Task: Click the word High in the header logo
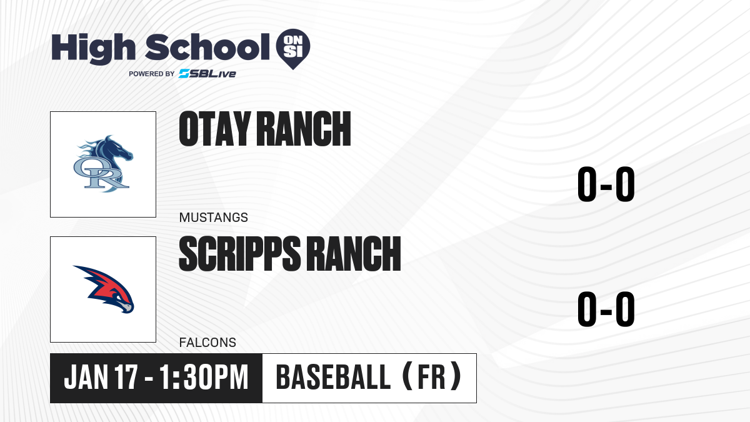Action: (x=93, y=49)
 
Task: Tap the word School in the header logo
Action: (x=207, y=47)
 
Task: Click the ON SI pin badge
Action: (x=293, y=49)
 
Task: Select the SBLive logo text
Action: (x=207, y=73)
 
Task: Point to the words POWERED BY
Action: (x=152, y=74)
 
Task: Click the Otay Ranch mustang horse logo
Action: (x=103, y=164)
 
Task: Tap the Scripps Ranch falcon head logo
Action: (x=104, y=289)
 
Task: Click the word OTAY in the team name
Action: (x=215, y=129)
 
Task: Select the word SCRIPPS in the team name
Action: (x=240, y=253)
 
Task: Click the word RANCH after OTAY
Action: (x=304, y=129)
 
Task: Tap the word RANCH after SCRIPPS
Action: (x=354, y=253)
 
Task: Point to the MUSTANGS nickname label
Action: (x=214, y=218)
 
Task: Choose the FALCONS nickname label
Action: (x=207, y=343)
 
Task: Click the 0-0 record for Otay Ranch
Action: (x=606, y=184)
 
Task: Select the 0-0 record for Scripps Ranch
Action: (x=606, y=309)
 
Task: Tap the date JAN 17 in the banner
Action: (x=101, y=377)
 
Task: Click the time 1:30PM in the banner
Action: (x=204, y=377)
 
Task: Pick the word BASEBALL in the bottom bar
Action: (x=334, y=377)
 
